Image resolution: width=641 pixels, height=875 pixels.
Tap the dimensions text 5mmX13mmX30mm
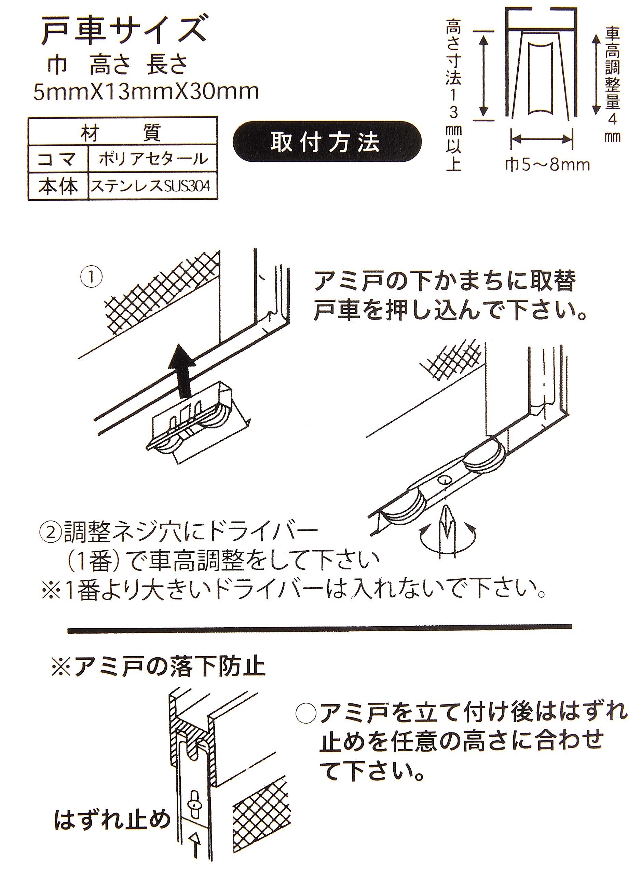[x=146, y=92]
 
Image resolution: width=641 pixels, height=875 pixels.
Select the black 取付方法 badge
[x=326, y=142]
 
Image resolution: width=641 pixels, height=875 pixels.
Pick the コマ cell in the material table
[x=58, y=159]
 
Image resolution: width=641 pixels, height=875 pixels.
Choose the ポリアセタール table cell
[x=153, y=159]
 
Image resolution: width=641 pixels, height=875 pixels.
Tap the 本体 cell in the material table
[x=58, y=187]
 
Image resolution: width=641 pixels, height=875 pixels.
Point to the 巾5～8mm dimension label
[x=547, y=165]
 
